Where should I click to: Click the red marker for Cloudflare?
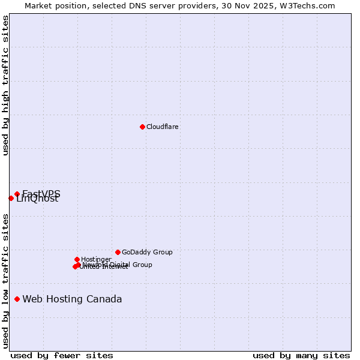coord(142,127)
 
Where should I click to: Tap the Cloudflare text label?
coord(163,127)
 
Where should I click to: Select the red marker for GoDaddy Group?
coord(118,252)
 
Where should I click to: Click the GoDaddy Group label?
coord(147,252)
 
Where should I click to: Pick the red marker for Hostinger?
coord(77,259)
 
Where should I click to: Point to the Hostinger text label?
coord(96,259)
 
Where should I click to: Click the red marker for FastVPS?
coord(17,194)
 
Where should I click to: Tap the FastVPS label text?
coord(41,193)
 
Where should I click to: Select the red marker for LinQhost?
coord(11,198)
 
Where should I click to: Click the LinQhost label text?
coord(37,199)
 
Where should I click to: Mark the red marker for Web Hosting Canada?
coord(17,299)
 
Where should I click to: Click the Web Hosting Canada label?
coord(72,299)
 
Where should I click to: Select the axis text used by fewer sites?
coord(62,355)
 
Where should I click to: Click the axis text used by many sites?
coord(301,355)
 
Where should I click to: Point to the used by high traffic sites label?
coord(5,86)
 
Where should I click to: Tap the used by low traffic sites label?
coord(5,280)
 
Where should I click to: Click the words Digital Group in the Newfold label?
coord(130,265)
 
